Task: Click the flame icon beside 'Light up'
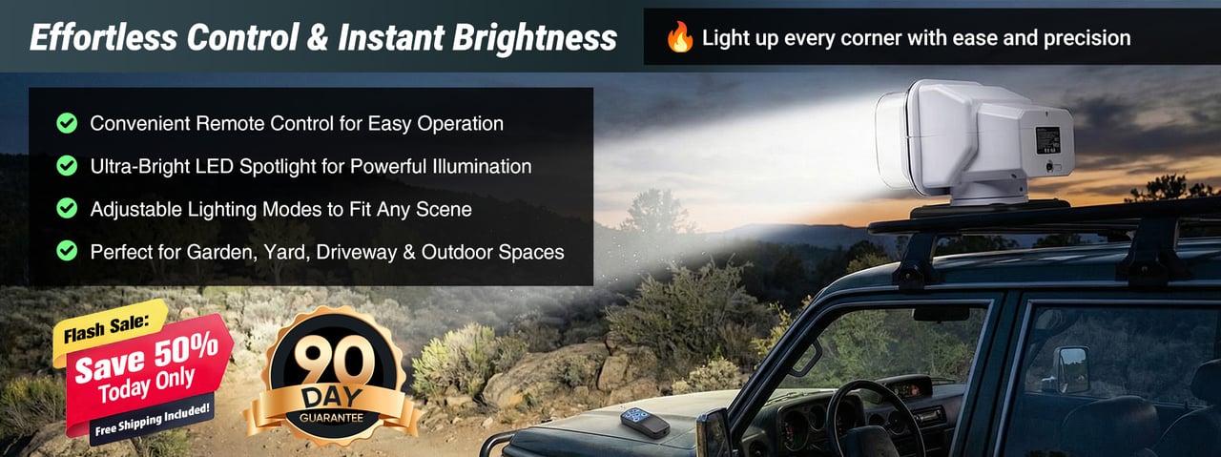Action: [680, 37]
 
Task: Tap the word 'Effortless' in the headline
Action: [104, 37]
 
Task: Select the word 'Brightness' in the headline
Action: [535, 38]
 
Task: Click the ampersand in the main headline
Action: [318, 37]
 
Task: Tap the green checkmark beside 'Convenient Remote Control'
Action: [67, 123]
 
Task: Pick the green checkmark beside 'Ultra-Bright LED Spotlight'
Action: [67, 166]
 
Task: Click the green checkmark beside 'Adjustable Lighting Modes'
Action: [67, 208]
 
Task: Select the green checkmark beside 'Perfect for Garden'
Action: [67, 251]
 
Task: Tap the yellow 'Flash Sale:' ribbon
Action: [109, 329]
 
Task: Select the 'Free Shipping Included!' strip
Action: [152, 421]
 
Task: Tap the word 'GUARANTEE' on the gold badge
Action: [331, 418]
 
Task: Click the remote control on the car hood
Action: [645, 423]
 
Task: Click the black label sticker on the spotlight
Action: [1047, 140]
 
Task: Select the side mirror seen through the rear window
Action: [1073, 370]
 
